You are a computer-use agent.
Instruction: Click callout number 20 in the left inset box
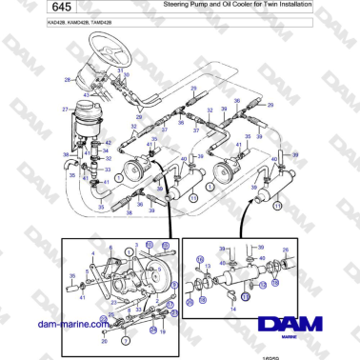click(103, 340)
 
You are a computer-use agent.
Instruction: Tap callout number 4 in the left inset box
click(91, 255)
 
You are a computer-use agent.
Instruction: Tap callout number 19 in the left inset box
click(163, 332)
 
